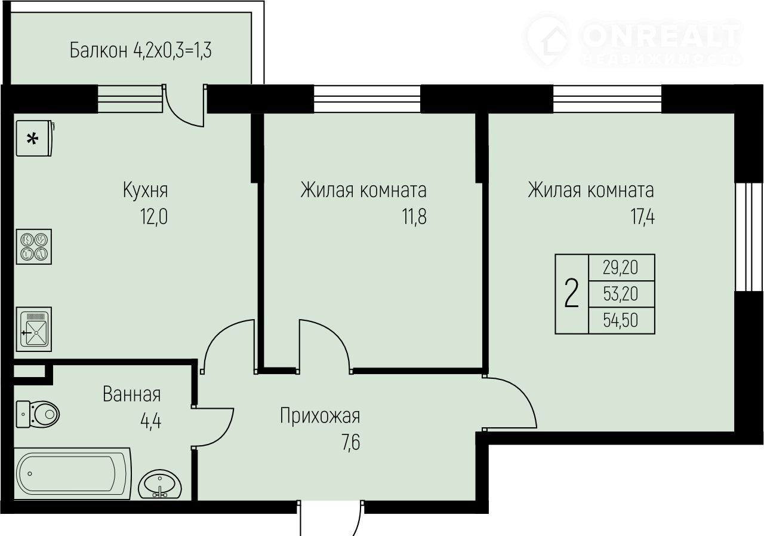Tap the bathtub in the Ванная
(x=72, y=473)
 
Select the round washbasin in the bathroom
(x=159, y=484)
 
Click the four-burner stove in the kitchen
(x=34, y=247)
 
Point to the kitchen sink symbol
(x=34, y=329)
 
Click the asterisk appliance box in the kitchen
(x=35, y=138)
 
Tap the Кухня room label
(x=145, y=190)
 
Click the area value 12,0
(x=154, y=217)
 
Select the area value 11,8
(x=414, y=217)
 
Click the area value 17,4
(x=642, y=217)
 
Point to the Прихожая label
(x=320, y=416)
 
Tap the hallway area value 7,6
(x=350, y=443)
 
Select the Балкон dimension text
(x=140, y=50)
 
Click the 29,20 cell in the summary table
(x=621, y=268)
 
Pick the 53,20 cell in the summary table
(x=621, y=294)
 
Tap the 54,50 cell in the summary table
(x=621, y=320)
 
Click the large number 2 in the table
(x=572, y=293)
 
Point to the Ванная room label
(x=132, y=394)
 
